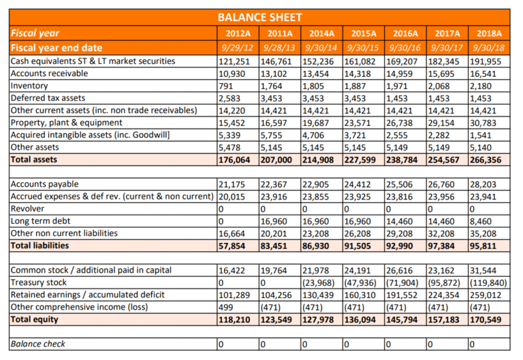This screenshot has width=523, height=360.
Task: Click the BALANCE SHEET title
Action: (x=260, y=17)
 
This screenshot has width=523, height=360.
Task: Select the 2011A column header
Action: (x=280, y=33)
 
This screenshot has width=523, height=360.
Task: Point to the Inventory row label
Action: (x=31, y=86)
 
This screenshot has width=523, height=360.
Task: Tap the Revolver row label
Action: (x=29, y=209)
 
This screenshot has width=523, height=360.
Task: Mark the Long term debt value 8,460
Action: (x=481, y=221)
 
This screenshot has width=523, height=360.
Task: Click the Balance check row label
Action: (x=38, y=344)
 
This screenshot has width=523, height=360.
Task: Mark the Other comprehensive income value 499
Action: (x=225, y=307)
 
